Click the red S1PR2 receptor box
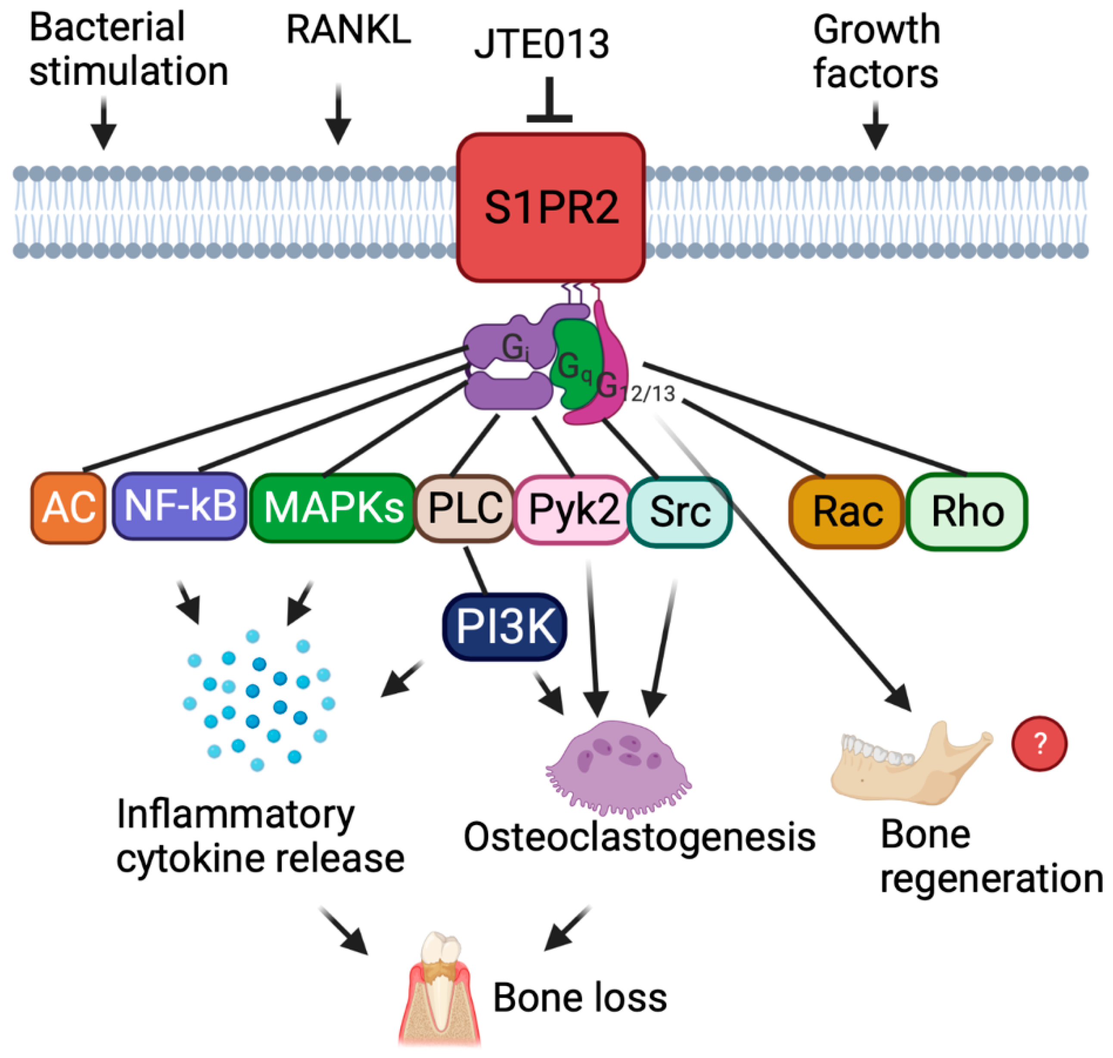[x=550, y=208]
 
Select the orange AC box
[x=68, y=508]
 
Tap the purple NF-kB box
[x=179, y=506]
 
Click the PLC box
[x=465, y=509]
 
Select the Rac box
[x=846, y=512]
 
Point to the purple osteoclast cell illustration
[x=618, y=768]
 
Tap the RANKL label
[x=348, y=29]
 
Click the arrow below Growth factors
[x=876, y=125]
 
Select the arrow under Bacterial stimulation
[x=104, y=123]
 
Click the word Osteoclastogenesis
[x=640, y=837]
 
